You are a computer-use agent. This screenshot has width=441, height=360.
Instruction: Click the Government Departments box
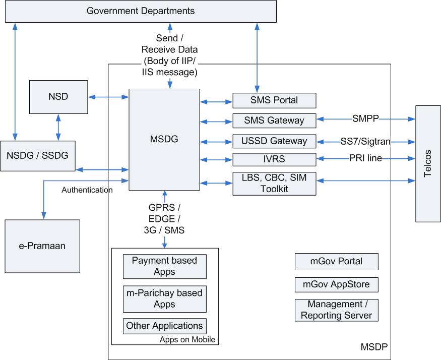point(141,11)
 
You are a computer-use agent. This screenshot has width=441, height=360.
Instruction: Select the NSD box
point(58,96)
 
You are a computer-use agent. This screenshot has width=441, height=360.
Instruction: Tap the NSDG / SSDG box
point(38,156)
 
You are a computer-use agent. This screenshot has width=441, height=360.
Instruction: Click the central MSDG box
point(164,140)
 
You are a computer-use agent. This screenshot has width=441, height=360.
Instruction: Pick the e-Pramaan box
point(42,247)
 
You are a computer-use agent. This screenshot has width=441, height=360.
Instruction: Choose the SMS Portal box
point(274,100)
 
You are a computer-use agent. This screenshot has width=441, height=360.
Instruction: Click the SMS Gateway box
point(274,121)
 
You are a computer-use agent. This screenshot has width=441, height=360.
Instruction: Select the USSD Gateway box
point(274,141)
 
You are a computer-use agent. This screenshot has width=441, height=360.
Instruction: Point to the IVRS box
point(274,159)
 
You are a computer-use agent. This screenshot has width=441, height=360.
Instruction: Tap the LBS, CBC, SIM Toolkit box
point(274,184)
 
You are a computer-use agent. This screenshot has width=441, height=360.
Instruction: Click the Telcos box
point(428,164)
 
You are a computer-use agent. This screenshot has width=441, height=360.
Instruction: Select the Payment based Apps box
point(164,266)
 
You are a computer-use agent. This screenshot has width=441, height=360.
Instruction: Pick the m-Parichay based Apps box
point(164,298)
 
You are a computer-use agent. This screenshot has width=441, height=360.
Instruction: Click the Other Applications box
point(164,326)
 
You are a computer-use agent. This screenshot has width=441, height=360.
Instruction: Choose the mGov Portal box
point(336,262)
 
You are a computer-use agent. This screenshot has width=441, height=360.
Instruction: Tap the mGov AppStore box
point(336,284)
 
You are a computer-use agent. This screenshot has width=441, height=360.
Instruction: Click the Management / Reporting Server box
point(336,310)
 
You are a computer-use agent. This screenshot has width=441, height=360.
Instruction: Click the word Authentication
point(87,190)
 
